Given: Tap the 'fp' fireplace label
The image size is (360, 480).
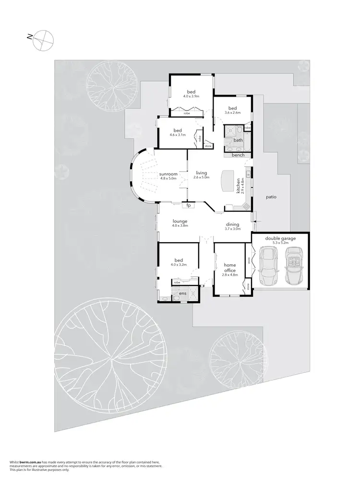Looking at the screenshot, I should (189, 205).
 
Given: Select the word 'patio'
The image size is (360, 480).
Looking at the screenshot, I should (272, 197).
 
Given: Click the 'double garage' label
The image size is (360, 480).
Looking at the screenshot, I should (279, 238).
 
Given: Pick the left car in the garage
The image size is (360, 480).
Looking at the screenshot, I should (266, 266).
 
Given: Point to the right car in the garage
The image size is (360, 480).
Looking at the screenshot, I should (293, 266).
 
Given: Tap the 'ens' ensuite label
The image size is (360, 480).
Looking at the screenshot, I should (182, 293).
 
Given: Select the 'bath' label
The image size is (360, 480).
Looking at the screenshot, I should (238, 140).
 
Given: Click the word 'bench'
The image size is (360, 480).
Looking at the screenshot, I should (238, 155).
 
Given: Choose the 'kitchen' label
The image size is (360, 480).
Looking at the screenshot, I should (238, 185).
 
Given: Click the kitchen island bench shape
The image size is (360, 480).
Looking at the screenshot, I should (225, 181).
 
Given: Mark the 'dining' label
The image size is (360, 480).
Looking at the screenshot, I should (233, 224).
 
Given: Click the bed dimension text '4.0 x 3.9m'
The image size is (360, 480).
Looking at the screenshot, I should (191, 96).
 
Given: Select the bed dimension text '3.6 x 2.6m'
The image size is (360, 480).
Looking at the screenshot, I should (233, 112).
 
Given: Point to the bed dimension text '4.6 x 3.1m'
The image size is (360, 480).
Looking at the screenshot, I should (178, 135).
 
